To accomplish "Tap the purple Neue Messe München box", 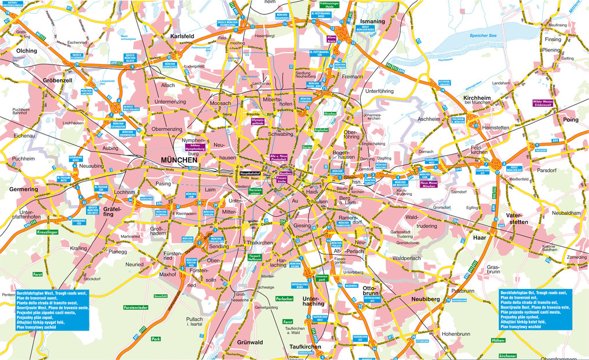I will [x=428, y=184].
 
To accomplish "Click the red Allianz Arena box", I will [x=331, y=39].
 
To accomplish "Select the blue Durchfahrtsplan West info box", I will [x=52, y=309].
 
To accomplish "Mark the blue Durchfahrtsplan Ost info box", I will [x=536, y=309].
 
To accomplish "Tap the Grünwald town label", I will [x=249, y=343].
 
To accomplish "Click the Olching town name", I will [x=27, y=51].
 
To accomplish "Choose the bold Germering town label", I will [x=24, y=190].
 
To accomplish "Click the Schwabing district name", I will [x=280, y=133].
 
